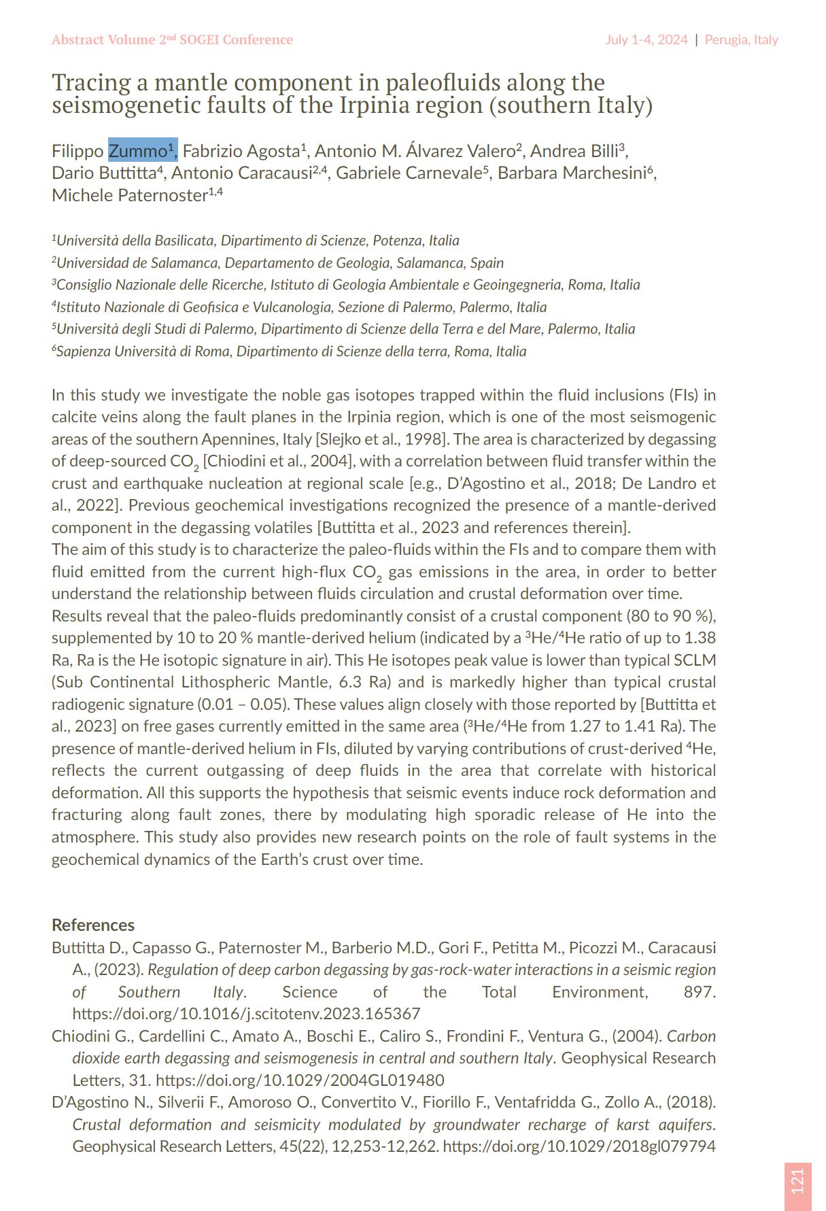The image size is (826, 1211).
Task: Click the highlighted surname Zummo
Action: [x=138, y=150]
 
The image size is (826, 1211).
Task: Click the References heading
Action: [x=93, y=925]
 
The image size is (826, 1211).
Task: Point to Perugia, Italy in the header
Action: [x=741, y=39]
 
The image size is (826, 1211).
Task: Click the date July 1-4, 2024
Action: [x=647, y=39]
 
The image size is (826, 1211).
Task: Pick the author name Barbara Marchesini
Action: [x=574, y=173]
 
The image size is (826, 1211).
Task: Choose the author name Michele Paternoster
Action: [x=129, y=195]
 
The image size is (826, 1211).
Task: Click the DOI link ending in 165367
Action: [x=246, y=1014]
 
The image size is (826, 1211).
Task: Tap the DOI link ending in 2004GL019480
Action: [x=300, y=1080]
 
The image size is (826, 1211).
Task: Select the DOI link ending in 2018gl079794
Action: [x=579, y=1146]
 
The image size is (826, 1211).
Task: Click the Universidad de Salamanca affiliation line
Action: [x=279, y=262]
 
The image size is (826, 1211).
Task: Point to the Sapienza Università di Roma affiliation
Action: [x=290, y=351]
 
